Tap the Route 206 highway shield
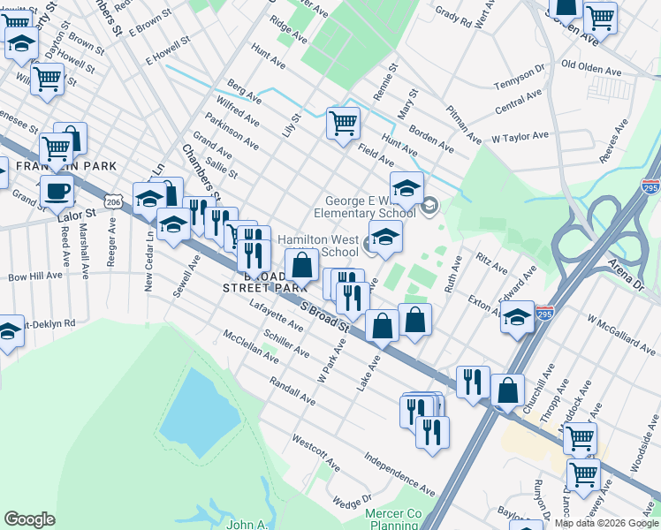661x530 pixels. (113, 202)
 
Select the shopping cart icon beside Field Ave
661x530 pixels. (343, 123)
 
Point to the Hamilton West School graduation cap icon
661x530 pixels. (385, 236)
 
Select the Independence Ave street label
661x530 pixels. (400, 474)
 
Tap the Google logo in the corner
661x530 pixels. (29, 519)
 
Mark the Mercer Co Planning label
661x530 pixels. (395, 519)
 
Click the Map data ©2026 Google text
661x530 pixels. (606, 523)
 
